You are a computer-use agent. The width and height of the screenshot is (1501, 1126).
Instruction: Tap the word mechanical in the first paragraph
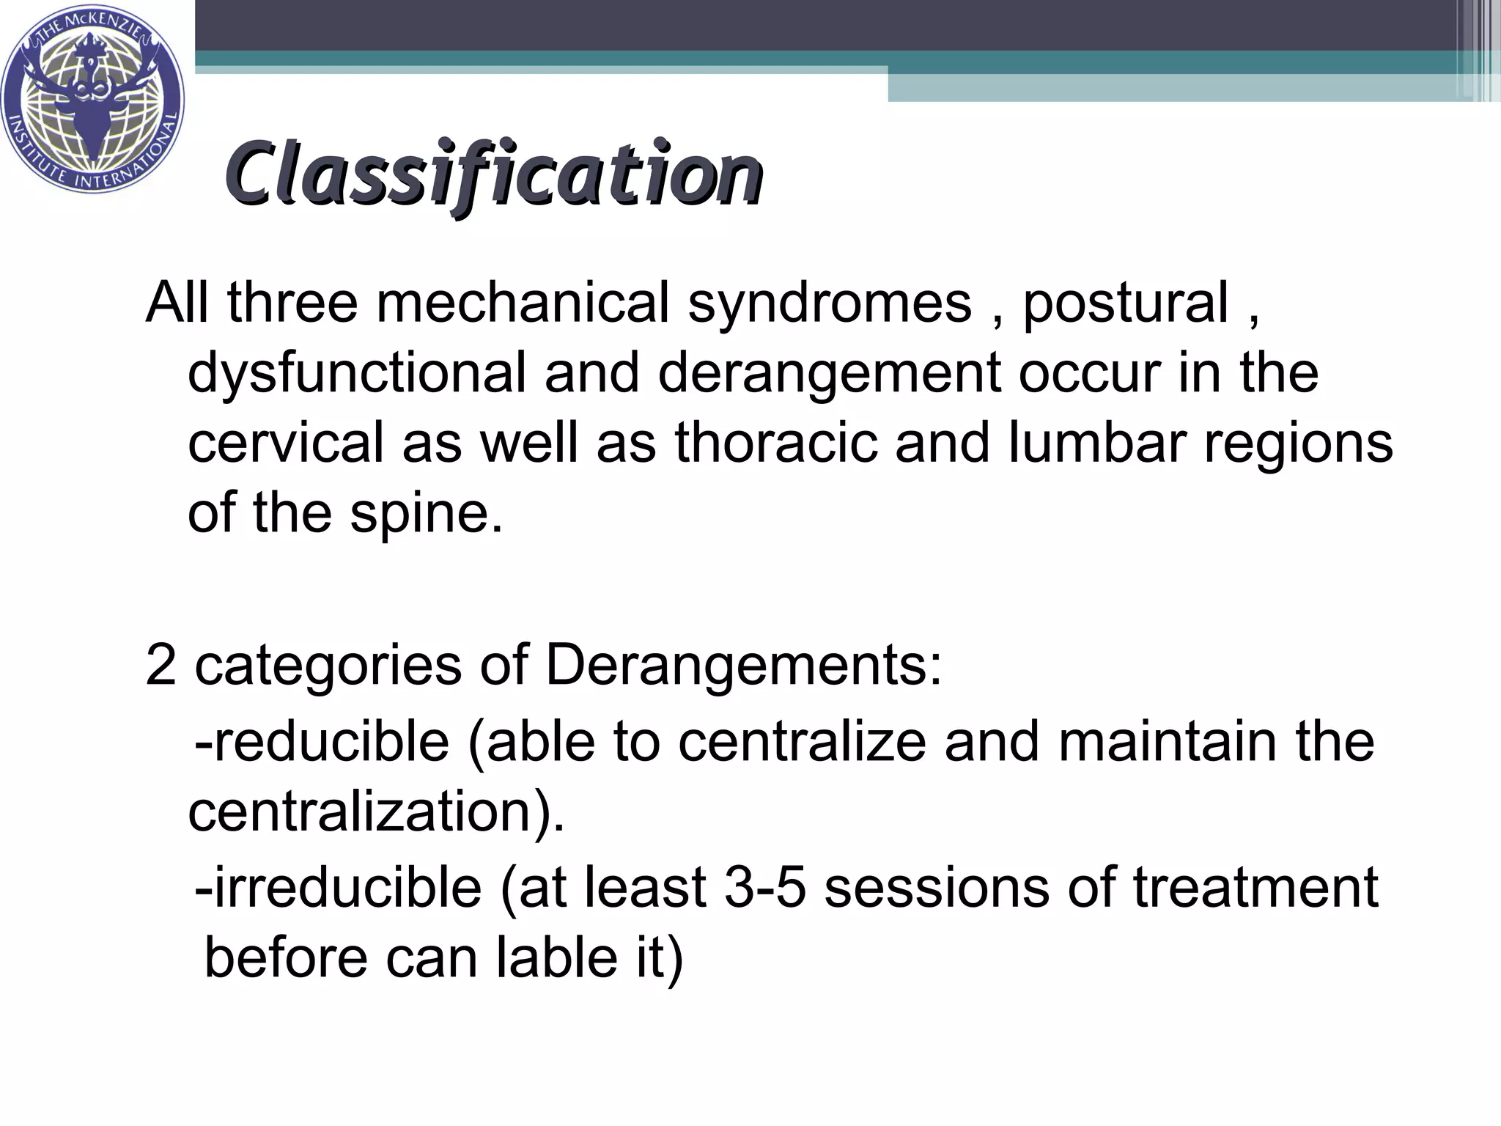pyautogui.click(x=523, y=303)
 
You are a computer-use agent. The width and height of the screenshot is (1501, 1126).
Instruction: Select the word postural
pyautogui.click(x=1125, y=303)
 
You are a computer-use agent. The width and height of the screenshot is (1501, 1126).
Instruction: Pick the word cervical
pyautogui.click(x=286, y=443)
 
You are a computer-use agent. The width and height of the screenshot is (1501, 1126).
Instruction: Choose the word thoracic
pyautogui.click(x=776, y=443)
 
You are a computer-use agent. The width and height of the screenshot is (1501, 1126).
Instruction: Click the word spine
pyautogui.click(x=426, y=512)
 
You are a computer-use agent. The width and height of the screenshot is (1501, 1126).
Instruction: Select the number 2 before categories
pyautogui.click(x=161, y=665)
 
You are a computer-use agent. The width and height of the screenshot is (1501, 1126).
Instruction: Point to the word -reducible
pyautogui.click(x=322, y=741)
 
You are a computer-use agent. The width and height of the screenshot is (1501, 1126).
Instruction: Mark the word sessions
pyautogui.click(x=937, y=888)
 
